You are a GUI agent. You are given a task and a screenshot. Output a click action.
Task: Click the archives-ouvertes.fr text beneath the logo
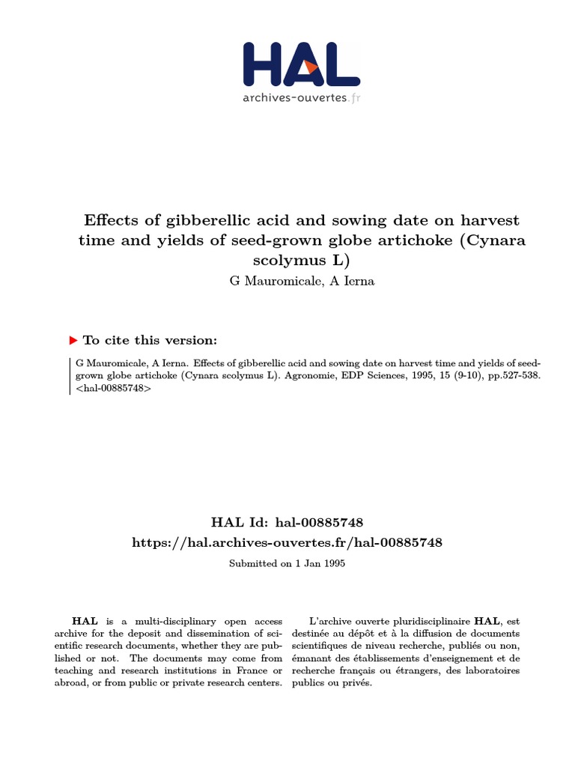(301, 98)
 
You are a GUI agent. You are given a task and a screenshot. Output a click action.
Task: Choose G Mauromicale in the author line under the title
(265, 281)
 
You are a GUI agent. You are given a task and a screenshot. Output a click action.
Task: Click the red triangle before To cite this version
(73, 340)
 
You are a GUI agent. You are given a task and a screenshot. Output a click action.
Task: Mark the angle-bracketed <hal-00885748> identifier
(109, 389)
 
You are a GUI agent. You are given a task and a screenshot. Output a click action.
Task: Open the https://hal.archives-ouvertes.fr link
(287, 542)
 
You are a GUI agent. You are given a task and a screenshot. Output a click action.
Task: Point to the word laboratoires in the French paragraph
(492, 670)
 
